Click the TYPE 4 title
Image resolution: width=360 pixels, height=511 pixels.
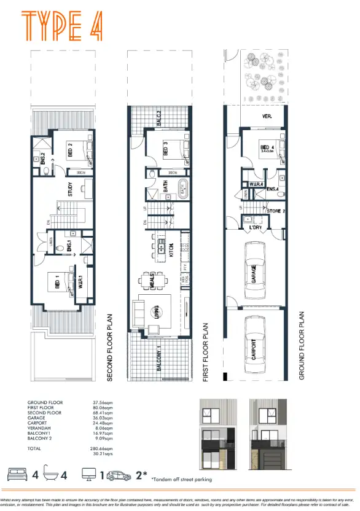[61, 25]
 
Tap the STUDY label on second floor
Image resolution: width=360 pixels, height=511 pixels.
[71, 187]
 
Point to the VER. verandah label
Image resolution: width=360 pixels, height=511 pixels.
[267, 116]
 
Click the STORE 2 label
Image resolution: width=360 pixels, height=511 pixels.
[276, 212]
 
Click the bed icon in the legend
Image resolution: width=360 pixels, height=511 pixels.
[17, 475]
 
